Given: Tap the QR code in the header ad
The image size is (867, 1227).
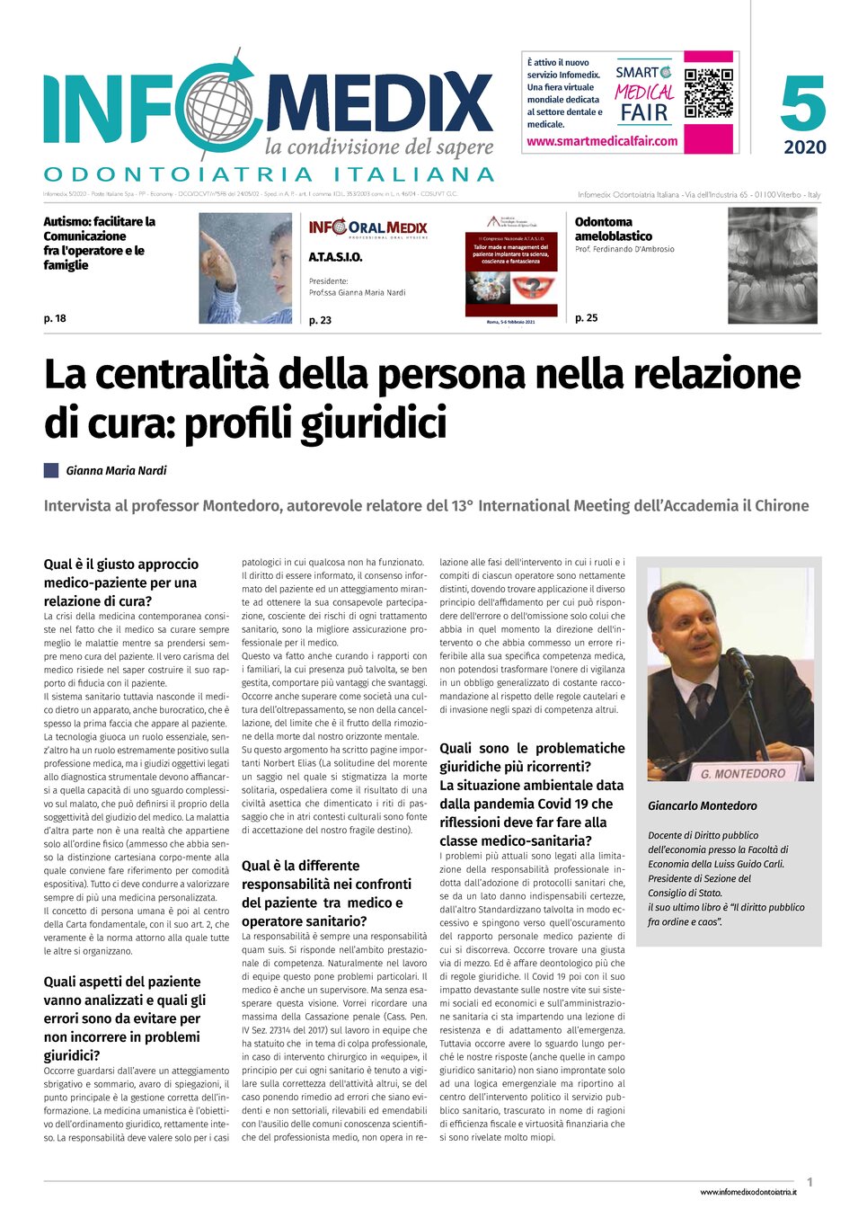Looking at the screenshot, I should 708,93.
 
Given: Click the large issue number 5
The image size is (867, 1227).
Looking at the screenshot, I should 802,104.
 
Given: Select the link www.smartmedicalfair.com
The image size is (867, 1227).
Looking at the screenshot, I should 602,141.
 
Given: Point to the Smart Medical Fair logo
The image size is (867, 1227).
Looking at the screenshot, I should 644,93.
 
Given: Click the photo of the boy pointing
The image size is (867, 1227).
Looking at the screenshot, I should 244,268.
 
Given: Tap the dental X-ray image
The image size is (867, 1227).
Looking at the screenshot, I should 772,266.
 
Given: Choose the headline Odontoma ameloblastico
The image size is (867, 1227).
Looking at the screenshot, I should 614,228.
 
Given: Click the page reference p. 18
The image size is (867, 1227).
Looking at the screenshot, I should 55,318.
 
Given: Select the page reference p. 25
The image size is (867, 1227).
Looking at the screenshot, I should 586,318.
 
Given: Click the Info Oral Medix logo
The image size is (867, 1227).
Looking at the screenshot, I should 367,228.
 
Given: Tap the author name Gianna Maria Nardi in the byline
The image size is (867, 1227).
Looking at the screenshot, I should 116,470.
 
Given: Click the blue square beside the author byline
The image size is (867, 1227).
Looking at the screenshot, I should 51,469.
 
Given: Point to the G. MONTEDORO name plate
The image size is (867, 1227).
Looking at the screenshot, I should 742,773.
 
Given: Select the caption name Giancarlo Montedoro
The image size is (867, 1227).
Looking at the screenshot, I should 703,806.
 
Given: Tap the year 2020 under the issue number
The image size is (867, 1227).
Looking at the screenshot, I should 804,147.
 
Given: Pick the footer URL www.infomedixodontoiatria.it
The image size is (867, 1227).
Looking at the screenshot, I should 748,1192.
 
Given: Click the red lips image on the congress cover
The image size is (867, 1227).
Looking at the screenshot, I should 531,289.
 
